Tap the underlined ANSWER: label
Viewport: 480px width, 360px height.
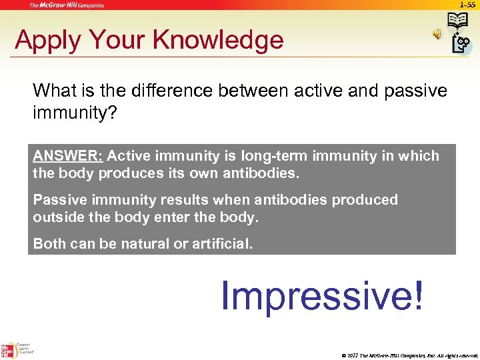pos(67,156)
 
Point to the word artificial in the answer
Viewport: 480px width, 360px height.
pos(219,244)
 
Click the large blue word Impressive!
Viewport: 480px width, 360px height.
pos(321,295)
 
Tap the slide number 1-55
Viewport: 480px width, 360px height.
pos(467,5)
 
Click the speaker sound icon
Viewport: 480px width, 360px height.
pos(437,34)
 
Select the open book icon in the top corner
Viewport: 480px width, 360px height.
pos(458,21)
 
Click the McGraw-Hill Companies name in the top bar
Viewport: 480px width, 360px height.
pos(67,5)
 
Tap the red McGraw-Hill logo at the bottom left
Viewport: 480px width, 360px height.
pos(9,349)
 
